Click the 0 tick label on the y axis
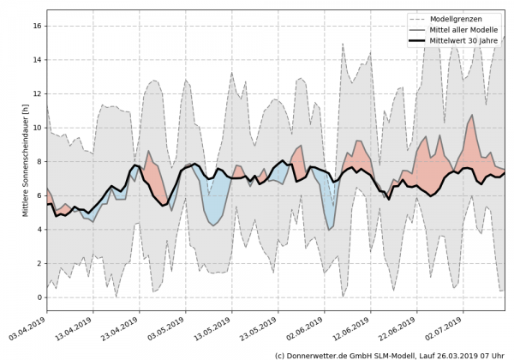point(39,297)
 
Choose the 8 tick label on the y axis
point(39,162)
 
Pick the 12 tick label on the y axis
point(36,94)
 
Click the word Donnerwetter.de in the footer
point(322,354)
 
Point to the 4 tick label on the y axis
point(39,230)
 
